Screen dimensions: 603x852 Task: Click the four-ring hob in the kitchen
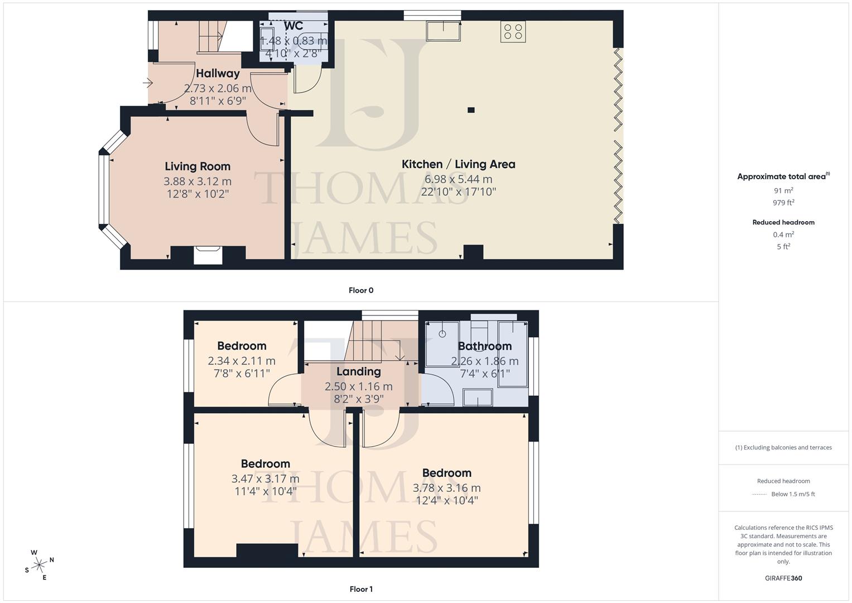(513, 31)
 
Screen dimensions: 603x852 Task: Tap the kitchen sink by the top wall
(444, 31)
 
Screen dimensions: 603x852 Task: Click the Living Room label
(198, 166)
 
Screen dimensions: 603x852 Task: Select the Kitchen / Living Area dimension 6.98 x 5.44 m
(458, 179)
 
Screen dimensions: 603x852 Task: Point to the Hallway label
(218, 73)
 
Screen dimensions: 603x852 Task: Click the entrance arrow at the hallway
(147, 83)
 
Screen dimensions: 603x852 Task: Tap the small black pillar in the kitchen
(471, 110)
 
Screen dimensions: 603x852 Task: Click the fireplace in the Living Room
(208, 255)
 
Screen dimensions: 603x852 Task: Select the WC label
(293, 26)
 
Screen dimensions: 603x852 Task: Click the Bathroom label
(484, 346)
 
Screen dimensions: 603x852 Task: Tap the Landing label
(358, 372)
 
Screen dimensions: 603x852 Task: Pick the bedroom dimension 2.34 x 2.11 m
(242, 361)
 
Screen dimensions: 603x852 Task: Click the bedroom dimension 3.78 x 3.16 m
(446, 488)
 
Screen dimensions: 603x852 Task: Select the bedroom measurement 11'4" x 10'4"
(265, 491)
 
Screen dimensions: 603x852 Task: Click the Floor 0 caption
(361, 290)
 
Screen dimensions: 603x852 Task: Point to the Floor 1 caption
(361, 589)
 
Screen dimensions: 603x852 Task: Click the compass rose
(39, 565)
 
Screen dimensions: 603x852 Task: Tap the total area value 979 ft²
(783, 203)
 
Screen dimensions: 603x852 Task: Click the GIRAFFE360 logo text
(783, 578)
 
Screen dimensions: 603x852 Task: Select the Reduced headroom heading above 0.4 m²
(783, 222)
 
